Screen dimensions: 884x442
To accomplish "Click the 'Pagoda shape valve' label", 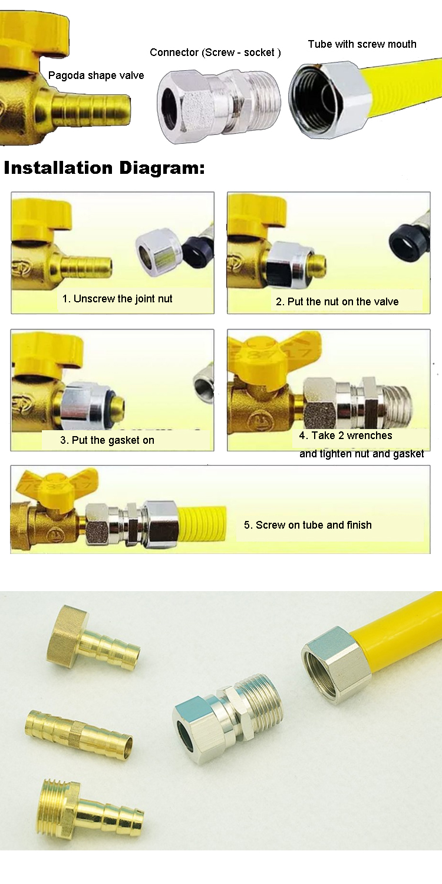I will point(96,75).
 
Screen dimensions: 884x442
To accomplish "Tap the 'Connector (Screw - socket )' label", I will point(215,52).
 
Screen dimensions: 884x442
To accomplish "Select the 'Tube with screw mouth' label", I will point(362,44).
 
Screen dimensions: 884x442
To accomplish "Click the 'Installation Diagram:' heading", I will point(104,168).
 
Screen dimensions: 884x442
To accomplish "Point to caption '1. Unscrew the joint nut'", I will point(117,299).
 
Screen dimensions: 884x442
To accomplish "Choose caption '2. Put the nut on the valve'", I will point(337,302).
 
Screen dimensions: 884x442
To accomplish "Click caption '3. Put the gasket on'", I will point(107,440).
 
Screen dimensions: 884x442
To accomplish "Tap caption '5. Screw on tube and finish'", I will point(308,525).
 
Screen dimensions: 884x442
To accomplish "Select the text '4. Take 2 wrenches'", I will point(345,436).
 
